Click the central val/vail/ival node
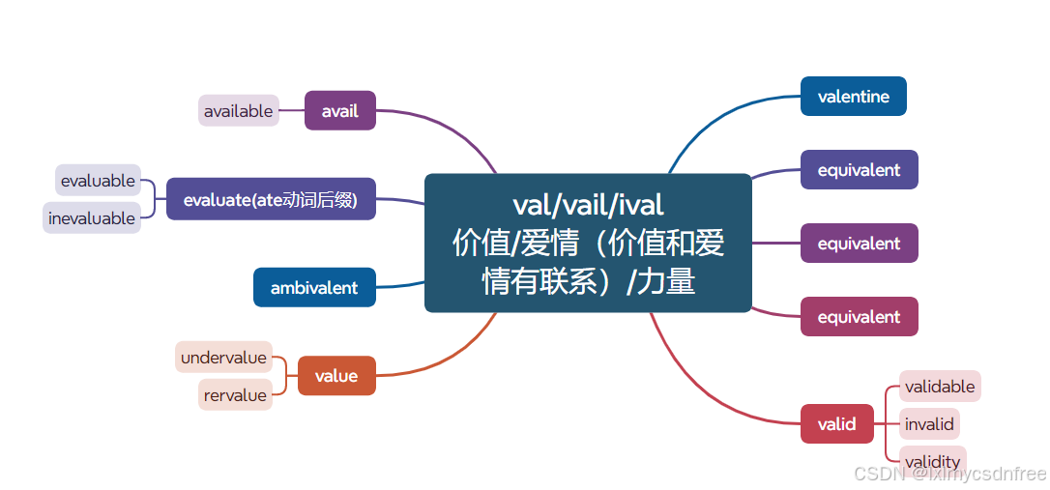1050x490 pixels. (588, 243)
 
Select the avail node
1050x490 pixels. (339, 110)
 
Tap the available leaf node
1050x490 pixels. (239, 110)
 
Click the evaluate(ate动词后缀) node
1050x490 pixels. (271, 199)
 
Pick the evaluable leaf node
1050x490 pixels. (98, 180)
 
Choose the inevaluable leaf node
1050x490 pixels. (92, 217)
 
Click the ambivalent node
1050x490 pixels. (314, 287)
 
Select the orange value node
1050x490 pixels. (335, 376)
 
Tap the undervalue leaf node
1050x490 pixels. (223, 357)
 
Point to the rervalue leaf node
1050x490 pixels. (236, 394)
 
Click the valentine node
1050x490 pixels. (853, 96)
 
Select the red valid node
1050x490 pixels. (836, 423)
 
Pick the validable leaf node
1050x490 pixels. (940, 386)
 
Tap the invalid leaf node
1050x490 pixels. (929, 423)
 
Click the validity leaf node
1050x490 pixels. (932, 460)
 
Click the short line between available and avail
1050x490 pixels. (291, 110)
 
